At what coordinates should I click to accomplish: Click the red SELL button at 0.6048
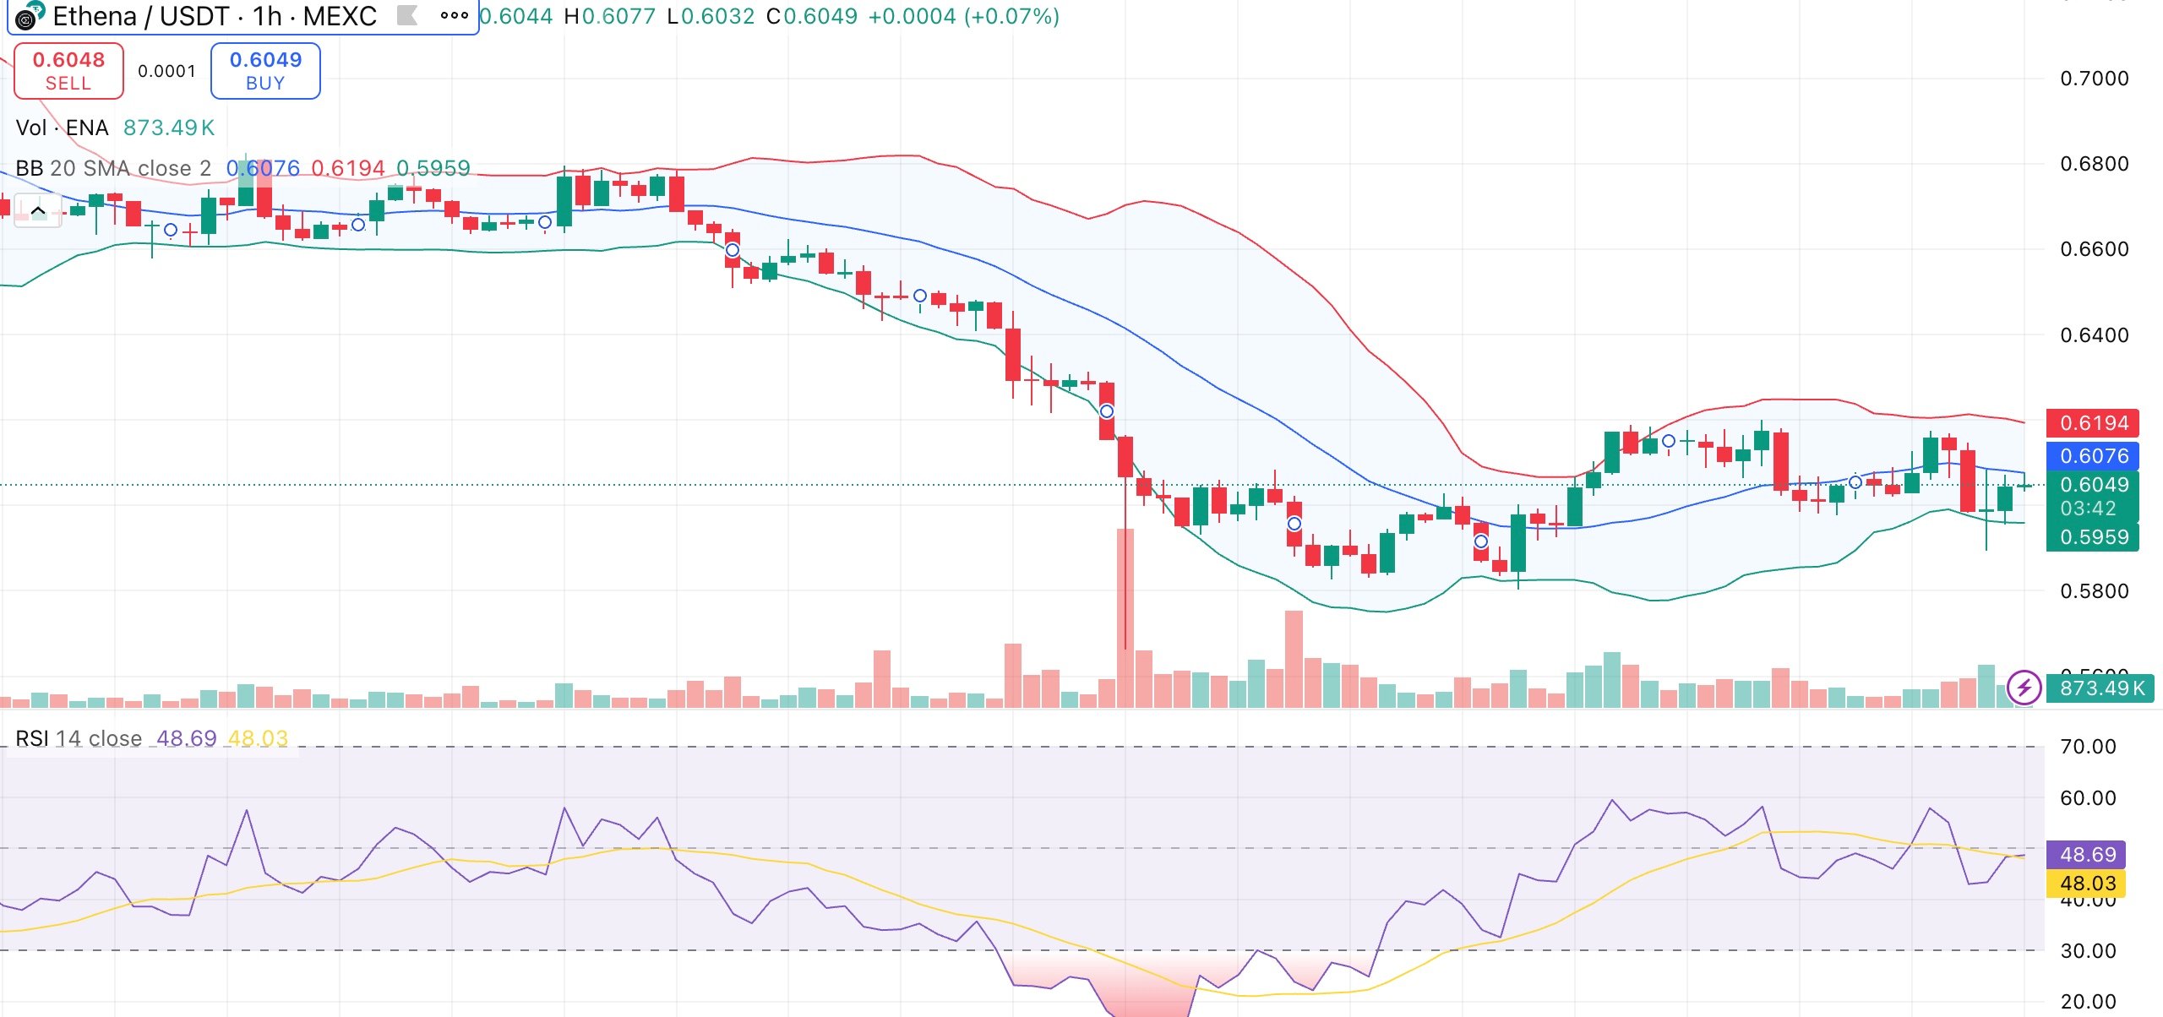[68, 71]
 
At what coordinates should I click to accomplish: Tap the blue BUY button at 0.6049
[265, 71]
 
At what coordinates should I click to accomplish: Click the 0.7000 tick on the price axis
[2094, 79]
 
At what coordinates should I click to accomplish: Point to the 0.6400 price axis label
[2094, 335]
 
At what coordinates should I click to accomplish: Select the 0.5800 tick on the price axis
[2094, 591]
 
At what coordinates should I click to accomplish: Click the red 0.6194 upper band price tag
[2093, 423]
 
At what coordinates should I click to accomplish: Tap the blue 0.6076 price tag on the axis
[2093, 456]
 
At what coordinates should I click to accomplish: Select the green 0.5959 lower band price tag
[2093, 537]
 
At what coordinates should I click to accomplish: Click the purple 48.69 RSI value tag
[2086, 855]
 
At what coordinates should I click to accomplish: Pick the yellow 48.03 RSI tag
[2086, 884]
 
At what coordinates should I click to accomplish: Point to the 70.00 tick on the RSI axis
[2087, 747]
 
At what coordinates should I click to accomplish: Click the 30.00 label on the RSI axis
[2087, 951]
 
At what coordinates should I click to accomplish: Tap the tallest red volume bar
[1125, 617]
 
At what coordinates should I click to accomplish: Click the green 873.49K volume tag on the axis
[2100, 688]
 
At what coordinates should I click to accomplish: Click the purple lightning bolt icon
[2024, 688]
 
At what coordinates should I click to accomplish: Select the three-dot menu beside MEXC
[454, 15]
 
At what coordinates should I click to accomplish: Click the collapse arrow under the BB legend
[38, 211]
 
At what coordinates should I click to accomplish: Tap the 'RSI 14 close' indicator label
[79, 738]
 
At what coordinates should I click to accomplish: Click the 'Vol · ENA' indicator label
[63, 128]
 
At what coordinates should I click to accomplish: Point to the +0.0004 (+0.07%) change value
[963, 16]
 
